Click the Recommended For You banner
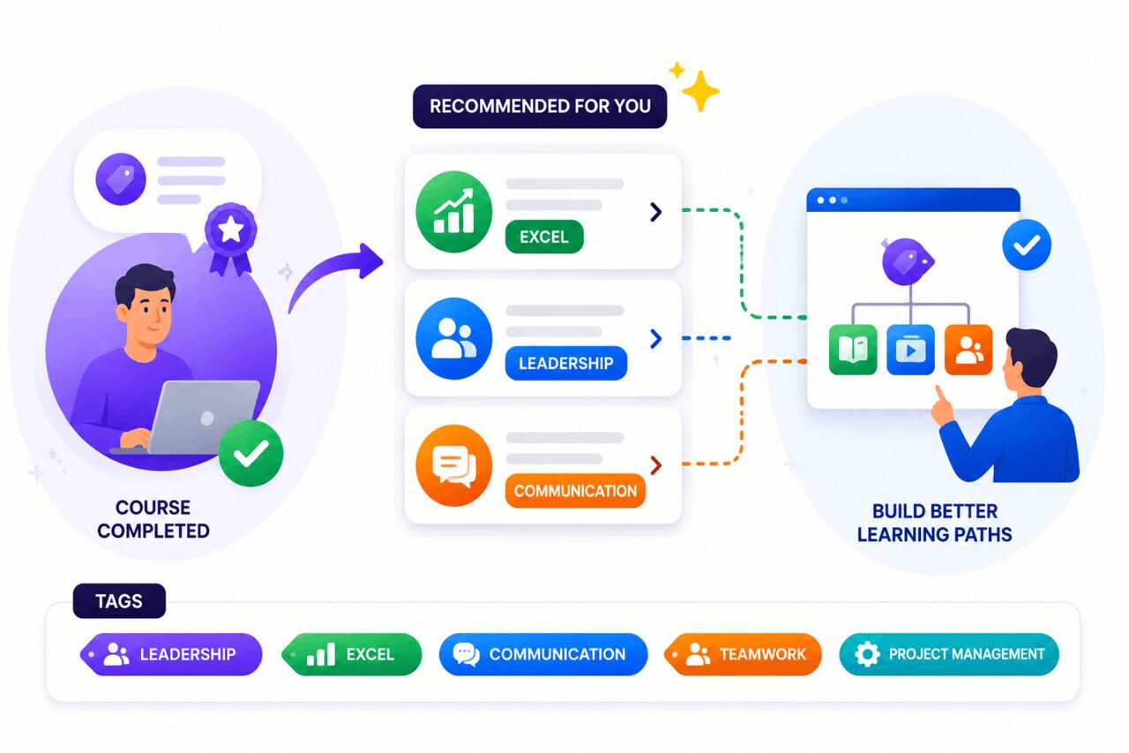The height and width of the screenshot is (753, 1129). pyautogui.click(x=540, y=107)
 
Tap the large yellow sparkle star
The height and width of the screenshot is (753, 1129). pyautogui.click(x=700, y=91)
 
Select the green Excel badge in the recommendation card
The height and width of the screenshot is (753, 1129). pyautogui.click(x=544, y=237)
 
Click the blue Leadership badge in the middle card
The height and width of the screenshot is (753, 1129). pyautogui.click(x=566, y=363)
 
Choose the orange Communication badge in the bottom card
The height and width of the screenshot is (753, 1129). pyautogui.click(x=575, y=491)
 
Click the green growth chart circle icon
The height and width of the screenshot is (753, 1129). pyautogui.click(x=453, y=212)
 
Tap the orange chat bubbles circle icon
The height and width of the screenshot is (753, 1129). pyautogui.click(x=453, y=465)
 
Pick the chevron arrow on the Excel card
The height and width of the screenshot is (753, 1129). pyautogui.click(x=655, y=213)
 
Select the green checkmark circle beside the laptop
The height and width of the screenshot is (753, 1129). pyautogui.click(x=251, y=454)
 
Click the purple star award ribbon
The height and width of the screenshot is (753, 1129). pyautogui.click(x=231, y=237)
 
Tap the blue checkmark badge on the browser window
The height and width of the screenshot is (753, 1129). pyautogui.click(x=1027, y=245)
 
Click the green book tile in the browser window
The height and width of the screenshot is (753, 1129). pyautogui.click(x=853, y=350)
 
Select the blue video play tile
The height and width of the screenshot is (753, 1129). pyautogui.click(x=911, y=350)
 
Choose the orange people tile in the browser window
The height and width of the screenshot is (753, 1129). pyautogui.click(x=968, y=350)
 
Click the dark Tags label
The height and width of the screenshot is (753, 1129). pyautogui.click(x=119, y=601)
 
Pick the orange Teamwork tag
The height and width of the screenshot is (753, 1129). pyautogui.click(x=743, y=654)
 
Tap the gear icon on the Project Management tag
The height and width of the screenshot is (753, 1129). pyautogui.click(x=867, y=654)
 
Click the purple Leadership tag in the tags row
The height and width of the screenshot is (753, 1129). pyautogui.click(x=171, y=654)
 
